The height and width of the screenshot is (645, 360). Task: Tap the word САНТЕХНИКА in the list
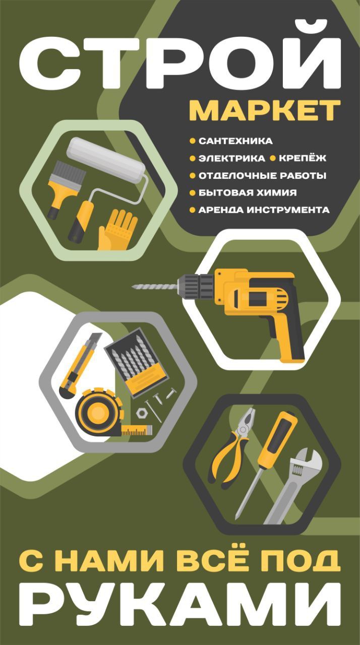point(235,141)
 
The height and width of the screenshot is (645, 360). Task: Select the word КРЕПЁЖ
point(303,158)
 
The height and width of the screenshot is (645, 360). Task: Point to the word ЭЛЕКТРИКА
point(232,158)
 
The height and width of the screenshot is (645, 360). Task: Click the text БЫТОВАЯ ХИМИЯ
point(248,193)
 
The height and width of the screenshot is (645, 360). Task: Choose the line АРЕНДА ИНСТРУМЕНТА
point(264,210)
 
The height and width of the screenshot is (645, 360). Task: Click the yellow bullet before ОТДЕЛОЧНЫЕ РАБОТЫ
point(193,176)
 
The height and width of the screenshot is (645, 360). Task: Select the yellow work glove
point(116,230)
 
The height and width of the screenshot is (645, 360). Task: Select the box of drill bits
point(135,362)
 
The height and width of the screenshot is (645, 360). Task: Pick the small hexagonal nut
point(141,413)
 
